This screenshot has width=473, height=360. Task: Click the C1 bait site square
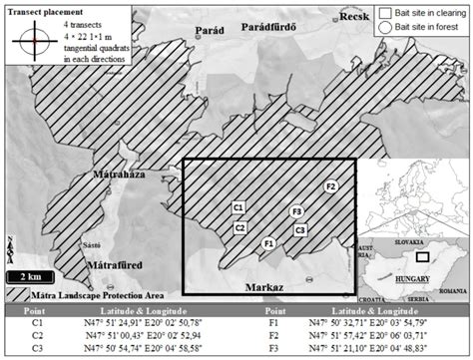tap(238, 207)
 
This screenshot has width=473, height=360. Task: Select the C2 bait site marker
tap(240, 228)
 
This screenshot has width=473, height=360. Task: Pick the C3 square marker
tap(300, 230)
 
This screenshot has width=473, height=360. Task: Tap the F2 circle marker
tap(332, 186)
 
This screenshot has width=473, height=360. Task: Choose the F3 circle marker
tap(295, 212)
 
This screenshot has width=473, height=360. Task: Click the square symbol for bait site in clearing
tap(384, 12)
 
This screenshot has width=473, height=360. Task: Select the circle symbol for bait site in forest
tap(384, 30)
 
